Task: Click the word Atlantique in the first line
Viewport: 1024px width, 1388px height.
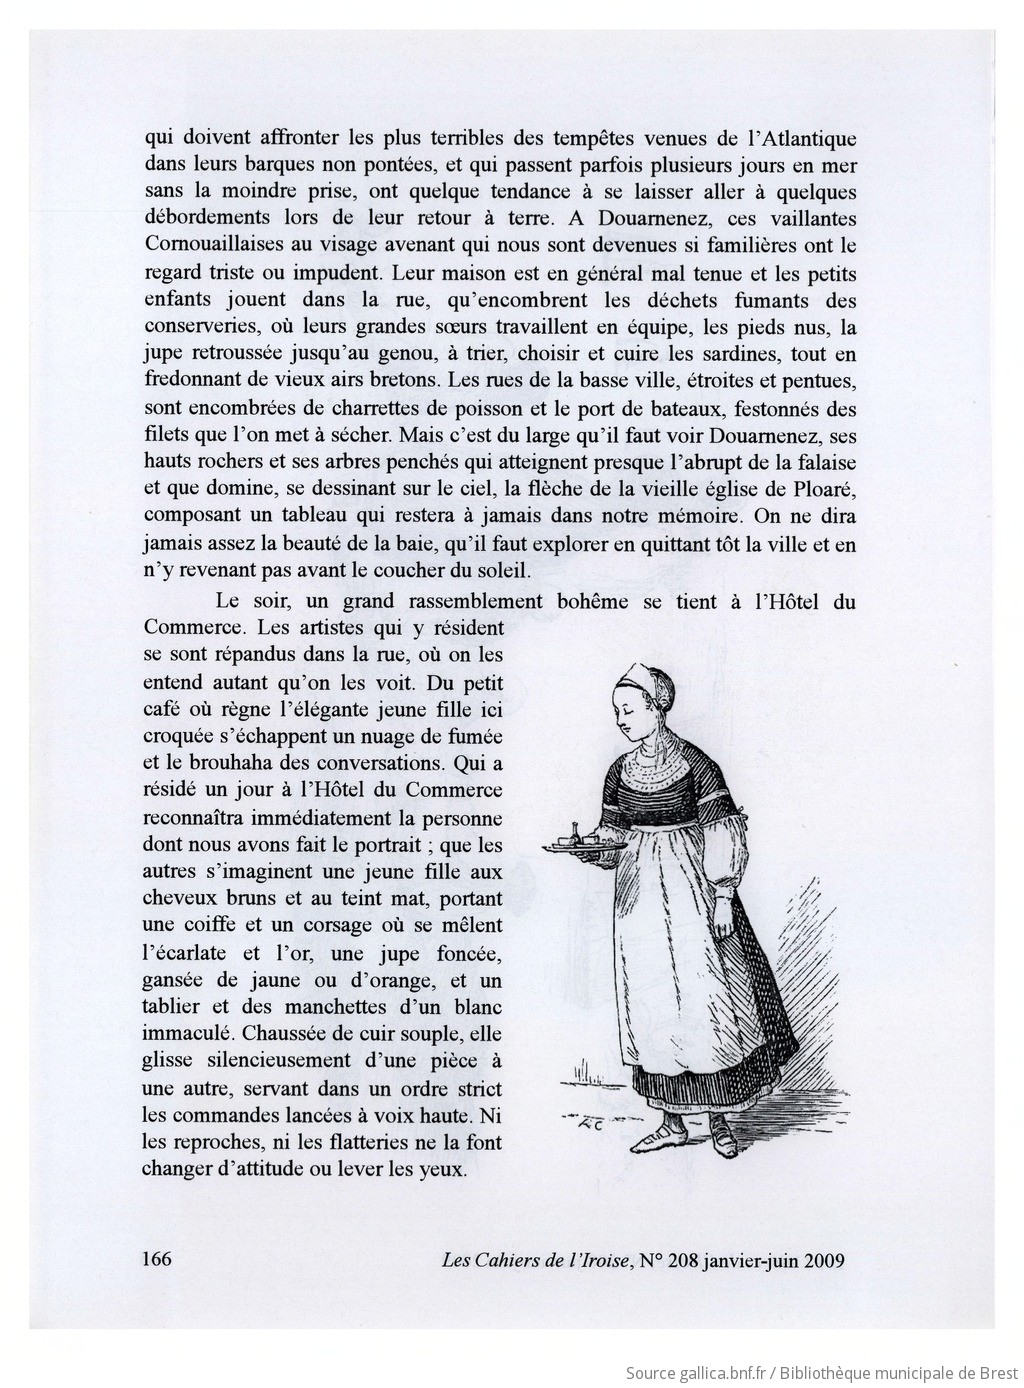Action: click(799, 138)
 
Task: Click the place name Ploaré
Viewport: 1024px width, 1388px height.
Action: click(824, 490)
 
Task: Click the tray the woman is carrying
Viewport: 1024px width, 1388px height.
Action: click(585, 845)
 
